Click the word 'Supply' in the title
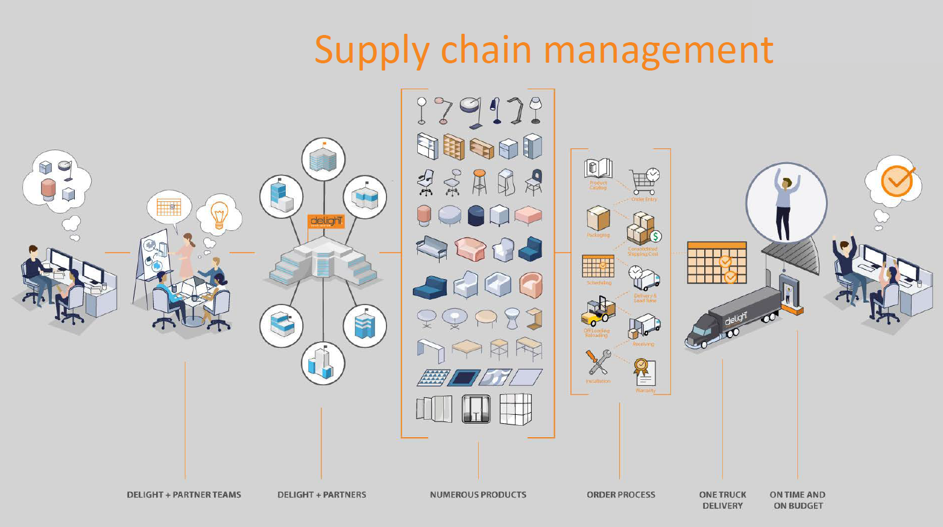370,50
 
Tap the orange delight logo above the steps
326,221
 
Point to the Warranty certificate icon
644,371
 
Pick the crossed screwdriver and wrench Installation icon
598,362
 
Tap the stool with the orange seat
479,181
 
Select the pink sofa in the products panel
470,248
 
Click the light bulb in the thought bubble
219,213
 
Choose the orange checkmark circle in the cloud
897,180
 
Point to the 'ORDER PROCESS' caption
620,494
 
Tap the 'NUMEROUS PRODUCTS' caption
478,494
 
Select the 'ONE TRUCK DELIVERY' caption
722,500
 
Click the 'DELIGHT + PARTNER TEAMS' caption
183,494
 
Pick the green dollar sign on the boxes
655,236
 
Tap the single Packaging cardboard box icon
598,218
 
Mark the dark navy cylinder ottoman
476,215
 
